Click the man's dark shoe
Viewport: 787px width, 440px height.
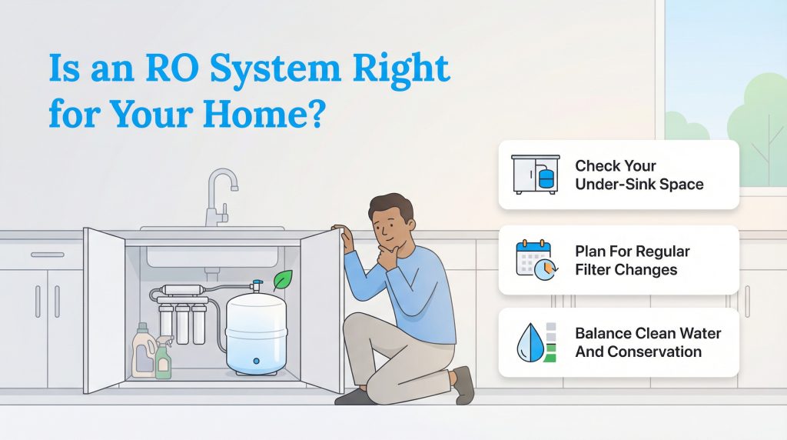coord(463,384)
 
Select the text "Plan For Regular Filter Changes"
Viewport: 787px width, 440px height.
coord(632,261)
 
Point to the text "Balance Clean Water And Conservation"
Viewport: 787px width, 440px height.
coord(648,342)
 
